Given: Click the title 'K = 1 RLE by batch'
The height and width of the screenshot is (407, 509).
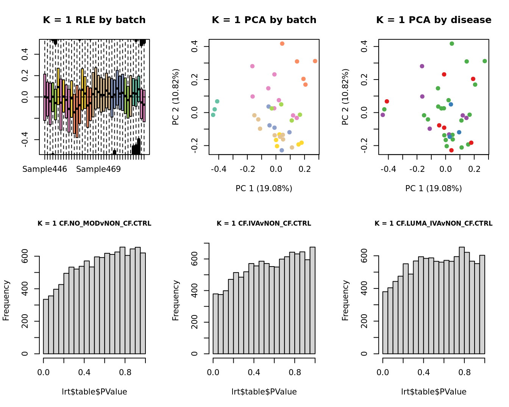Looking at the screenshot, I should point(94,20).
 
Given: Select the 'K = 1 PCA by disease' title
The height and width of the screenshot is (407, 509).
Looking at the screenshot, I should point(434,20).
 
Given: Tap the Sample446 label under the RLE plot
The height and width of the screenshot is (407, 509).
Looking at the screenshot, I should point(45,169).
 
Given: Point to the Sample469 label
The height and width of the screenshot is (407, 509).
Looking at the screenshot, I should point(98,169).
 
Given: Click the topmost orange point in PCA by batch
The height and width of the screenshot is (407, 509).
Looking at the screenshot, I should point(282,44).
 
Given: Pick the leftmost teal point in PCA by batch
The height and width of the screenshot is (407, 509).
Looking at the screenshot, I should point(213,115).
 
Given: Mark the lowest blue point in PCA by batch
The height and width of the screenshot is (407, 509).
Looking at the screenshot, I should point(282,150).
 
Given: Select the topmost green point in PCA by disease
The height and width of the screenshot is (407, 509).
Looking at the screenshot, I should point(452,44).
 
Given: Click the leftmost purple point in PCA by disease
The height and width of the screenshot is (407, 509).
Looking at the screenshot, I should point(383,115).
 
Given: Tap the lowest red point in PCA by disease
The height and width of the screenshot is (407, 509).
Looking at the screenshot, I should point(451,150).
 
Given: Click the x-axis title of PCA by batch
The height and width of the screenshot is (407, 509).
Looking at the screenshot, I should point(264,188).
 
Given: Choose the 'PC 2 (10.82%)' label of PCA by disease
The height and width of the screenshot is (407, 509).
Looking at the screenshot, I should point(345,97).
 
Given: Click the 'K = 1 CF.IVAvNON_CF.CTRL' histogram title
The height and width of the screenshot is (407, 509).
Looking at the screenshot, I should point(264,223).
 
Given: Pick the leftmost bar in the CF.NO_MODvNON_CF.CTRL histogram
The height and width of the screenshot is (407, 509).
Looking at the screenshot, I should point(46,326).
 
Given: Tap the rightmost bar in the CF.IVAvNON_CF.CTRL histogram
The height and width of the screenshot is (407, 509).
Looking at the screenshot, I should point(312,300).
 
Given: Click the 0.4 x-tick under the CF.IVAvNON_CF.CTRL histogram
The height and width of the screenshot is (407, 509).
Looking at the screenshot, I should point(254,372).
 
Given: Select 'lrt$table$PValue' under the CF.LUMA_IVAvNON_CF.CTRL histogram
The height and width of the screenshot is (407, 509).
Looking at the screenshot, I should point(434,392).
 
